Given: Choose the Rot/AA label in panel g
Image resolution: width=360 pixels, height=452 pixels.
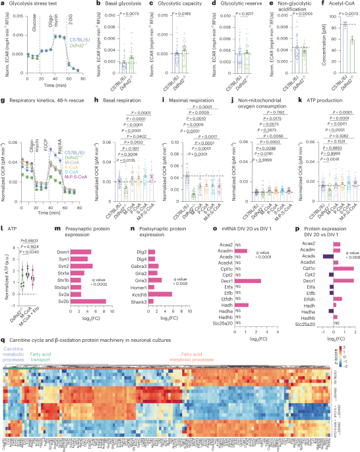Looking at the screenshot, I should coord(66,131).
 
